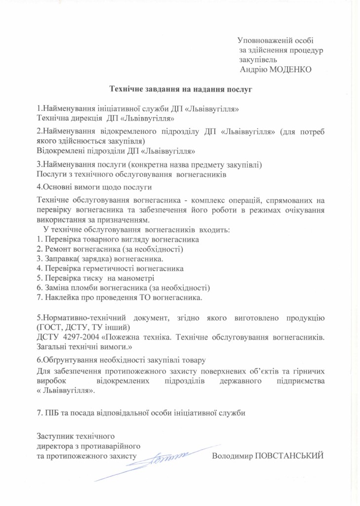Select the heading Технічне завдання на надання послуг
(181, 89)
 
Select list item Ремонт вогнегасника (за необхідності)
(110, 249)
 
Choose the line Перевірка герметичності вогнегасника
(110, 268)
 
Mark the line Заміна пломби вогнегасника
(123, 288)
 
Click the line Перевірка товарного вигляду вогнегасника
(118, 239)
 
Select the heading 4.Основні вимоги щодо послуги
(94, 187)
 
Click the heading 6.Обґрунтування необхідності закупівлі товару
(121, 360)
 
